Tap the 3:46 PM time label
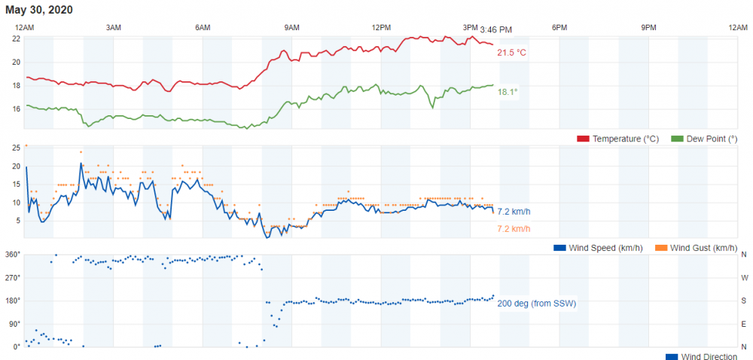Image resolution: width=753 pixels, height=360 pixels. (x=495, y=29)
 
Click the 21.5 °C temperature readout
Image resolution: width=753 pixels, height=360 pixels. (x=511, y=53)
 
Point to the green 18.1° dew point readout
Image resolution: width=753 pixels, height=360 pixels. (x=508, y=92)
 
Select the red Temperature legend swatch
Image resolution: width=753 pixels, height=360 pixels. (x=583, y=139)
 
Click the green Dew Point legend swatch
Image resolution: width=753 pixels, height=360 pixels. (x=676, y=139)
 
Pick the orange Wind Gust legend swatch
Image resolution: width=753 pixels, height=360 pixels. (x=660, y=248)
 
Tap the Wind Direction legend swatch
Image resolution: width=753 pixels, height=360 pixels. (x=672, y=356)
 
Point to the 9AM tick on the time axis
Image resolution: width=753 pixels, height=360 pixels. (x=292, y=27)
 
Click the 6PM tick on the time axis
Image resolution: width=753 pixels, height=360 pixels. (x=559, y=27)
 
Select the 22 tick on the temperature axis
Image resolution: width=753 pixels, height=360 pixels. (x=16, y=38)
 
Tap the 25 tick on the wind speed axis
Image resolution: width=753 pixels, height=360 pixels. (x=16, y=148)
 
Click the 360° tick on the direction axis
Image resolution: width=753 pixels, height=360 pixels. (x=14, y=255)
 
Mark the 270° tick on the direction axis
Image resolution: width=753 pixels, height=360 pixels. (x=14, y=278)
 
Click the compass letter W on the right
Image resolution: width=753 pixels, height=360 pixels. (x=744, y=278)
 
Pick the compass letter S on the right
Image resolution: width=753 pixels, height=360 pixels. (x=744, y=301)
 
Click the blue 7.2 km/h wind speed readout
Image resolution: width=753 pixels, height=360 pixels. (x=514, y=212)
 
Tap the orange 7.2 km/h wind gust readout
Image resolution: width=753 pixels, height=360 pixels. (x=514, y=228)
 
